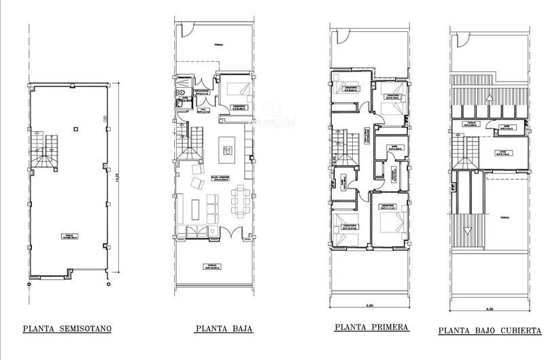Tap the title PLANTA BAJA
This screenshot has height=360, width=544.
pyautogui.click(x=224, y=329)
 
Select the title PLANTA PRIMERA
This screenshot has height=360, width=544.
pyautogui.click(x=371, y=327)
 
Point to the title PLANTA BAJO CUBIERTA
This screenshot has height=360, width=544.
pyautogui.click(x=489, y=330)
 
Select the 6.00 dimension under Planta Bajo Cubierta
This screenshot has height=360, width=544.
pyautogui.click(x=490, y=308)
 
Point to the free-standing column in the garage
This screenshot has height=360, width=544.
pyautogui.click(x=76, y=127)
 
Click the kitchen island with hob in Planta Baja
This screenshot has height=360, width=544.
pyautogui.click(x=226, y=149)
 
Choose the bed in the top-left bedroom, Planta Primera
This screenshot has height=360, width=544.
pyautogui.click(x=346, y=84)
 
